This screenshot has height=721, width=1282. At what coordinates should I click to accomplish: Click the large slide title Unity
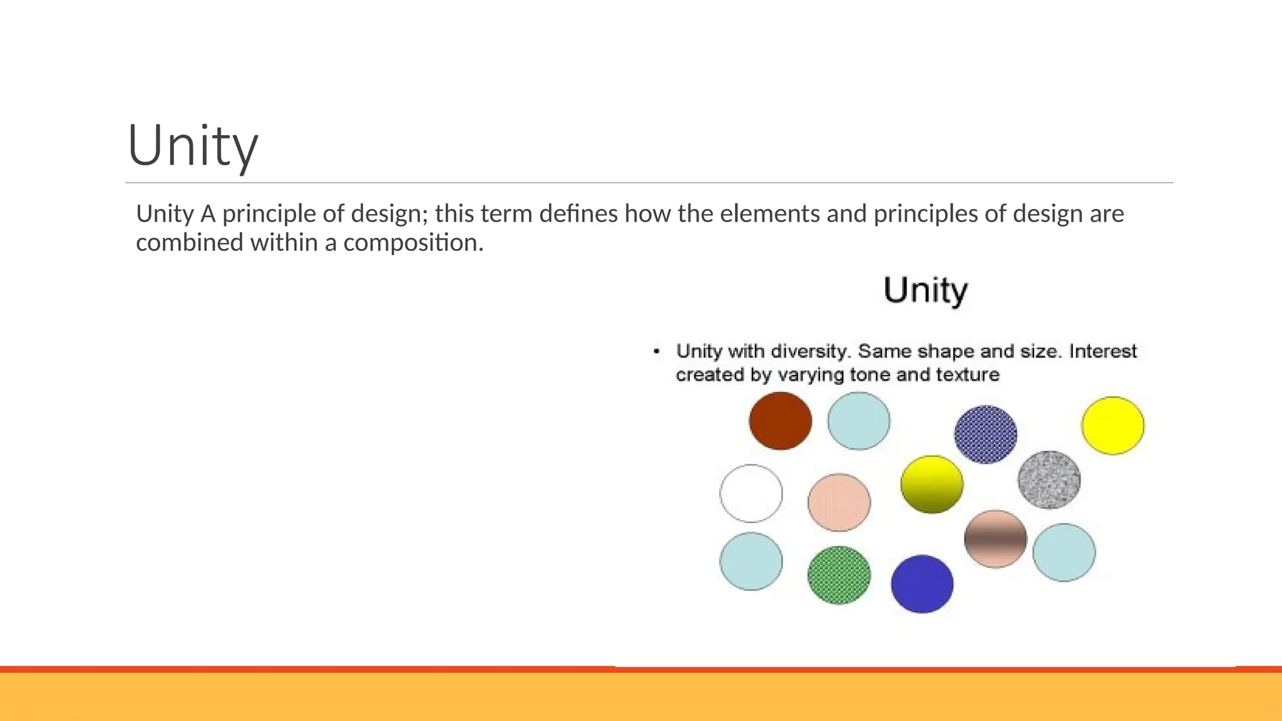coord(193,145)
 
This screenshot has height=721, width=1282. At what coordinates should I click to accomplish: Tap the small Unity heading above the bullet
coord(925,290)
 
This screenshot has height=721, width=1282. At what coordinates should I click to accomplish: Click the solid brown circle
coord(780,421)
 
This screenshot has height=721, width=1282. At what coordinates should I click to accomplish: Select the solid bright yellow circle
coord(1112,426)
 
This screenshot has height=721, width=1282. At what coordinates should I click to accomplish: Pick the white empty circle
coord(751,493)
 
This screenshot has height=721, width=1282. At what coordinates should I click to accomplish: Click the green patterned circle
coord(839,575)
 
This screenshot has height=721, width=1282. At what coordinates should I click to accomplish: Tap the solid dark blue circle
coord(922,584)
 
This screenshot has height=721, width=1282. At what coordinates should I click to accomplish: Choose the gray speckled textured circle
coord(1049,479)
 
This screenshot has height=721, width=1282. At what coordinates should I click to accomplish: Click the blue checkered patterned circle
coord(985,434)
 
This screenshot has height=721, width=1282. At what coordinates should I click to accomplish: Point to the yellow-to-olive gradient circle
coord(931,484)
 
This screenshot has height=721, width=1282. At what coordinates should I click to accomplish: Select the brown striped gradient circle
coord(995,539)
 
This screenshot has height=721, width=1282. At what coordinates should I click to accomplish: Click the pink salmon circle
coord(839,503)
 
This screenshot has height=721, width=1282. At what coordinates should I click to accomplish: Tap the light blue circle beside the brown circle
coord(858,421)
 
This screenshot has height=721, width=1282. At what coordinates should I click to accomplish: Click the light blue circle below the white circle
coord(751,561)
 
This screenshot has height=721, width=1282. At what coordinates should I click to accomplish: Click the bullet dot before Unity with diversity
coord(656,351)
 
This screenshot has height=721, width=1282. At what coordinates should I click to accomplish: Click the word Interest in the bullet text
coord(1102,351)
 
